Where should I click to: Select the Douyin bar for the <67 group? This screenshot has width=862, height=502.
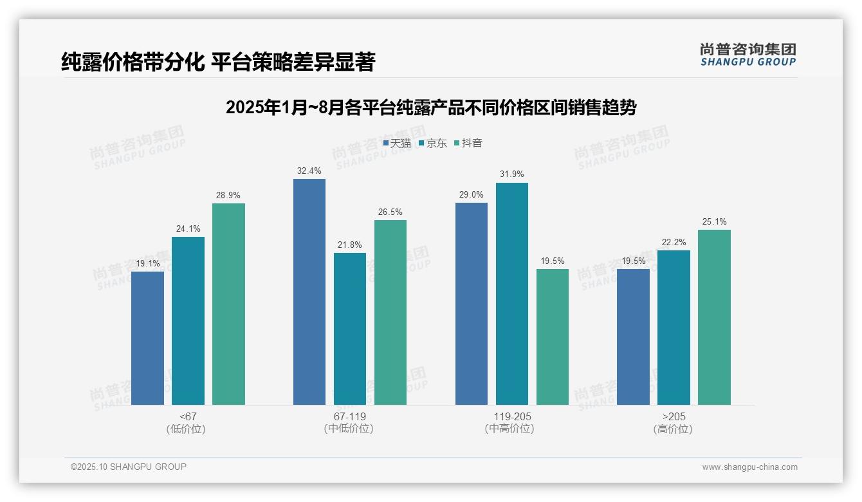228,304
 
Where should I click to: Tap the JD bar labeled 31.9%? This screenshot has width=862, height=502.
512,293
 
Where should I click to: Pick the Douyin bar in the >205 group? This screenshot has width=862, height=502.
714,317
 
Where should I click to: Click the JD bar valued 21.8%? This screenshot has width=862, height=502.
350,328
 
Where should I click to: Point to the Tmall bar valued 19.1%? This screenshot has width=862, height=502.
147,338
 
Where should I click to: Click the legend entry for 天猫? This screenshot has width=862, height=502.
397,144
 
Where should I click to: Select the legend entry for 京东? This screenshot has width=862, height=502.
433,144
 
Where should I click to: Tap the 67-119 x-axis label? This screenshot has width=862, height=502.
349,416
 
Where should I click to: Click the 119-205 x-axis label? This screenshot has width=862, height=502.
512,416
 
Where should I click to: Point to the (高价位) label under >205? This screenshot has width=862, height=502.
673,429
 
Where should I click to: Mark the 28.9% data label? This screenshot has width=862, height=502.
228,195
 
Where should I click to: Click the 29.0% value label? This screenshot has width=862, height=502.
472,194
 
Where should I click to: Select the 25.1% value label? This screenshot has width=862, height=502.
714,221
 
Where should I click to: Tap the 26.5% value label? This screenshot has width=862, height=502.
390,212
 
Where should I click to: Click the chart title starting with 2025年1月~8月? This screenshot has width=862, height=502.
430,107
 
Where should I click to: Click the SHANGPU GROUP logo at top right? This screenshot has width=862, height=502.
747,55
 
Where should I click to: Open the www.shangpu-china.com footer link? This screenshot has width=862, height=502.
749,467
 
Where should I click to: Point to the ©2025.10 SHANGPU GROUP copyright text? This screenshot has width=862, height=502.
129,467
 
